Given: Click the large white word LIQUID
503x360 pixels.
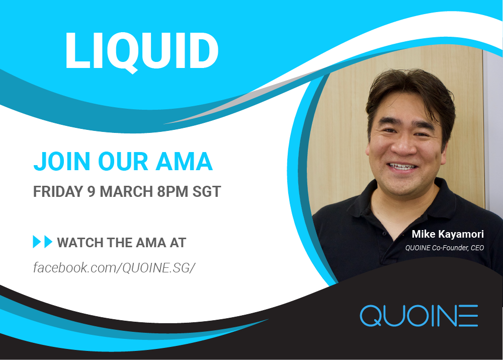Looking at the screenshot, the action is click(x=142, y=51).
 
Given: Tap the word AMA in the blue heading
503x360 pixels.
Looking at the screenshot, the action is click(x=184, y=162).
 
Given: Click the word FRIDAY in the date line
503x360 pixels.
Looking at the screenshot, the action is click(x=58, y=192).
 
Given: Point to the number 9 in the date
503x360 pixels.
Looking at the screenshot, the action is click(x=92, y=192).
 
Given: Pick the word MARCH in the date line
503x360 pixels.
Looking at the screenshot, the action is click(x=126, y=192).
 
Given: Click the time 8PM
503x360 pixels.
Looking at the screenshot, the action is click(x=172, y=192).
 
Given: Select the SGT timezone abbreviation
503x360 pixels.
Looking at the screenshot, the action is click(x=207, y=192).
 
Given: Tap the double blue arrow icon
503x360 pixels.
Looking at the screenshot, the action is click(x=42, y=242).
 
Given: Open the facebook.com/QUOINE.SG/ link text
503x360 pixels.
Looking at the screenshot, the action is click(x=114, y=267).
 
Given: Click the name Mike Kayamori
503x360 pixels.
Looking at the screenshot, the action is click(x=448, y=234).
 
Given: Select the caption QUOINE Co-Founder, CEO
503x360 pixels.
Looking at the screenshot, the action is click(x=444, y=248).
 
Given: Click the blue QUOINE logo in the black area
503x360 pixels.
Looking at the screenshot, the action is click(x=418, y=316).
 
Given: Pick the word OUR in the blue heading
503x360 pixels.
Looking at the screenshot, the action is click(x=123, y=162).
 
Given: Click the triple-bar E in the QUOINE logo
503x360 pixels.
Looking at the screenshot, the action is click(x=468, y=316).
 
